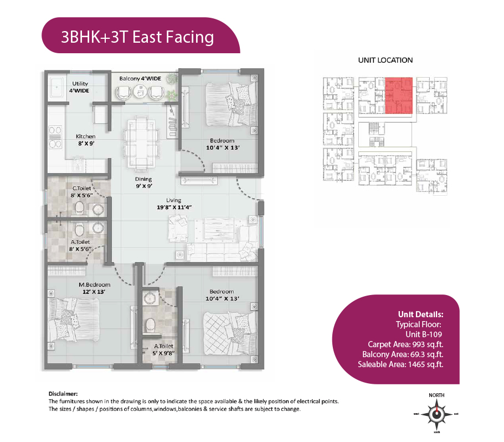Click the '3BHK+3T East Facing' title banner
point(141,35)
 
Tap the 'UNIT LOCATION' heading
point(385,60)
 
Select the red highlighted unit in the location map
point(399,95)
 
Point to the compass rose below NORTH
point(436,414)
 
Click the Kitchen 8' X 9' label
point(86,140)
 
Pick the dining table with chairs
point(141,143)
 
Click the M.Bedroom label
point(95,285)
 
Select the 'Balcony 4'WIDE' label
point(140,79)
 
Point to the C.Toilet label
point(81,189)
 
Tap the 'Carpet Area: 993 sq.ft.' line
point(405,344)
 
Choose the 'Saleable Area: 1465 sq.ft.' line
point(400,364)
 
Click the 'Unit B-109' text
point(424,334)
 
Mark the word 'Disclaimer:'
point(63,394)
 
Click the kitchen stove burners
point(55,137)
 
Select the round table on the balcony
point(140,92)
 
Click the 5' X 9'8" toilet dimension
point(163,353)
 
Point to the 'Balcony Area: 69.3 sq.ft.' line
point(403,354)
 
